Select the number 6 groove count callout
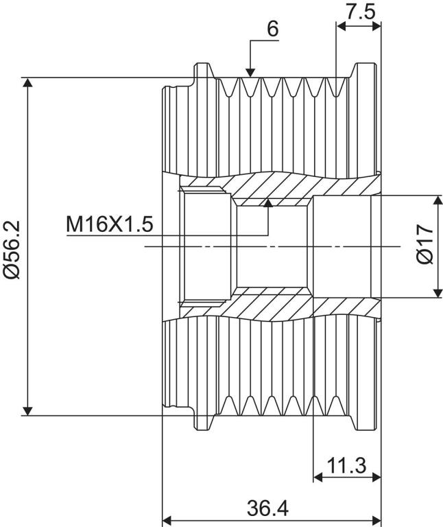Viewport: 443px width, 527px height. [x=273, y=30]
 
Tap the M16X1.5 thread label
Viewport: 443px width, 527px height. [x=110, y=224]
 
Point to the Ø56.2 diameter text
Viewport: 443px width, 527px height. [x=12, y=250]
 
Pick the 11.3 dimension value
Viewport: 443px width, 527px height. [x=346, y=465]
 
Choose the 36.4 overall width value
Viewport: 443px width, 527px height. [x=267, y=508]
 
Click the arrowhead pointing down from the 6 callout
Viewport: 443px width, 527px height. [x=250, y=72]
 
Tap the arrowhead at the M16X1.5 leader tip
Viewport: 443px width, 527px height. [x=268, y=202]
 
